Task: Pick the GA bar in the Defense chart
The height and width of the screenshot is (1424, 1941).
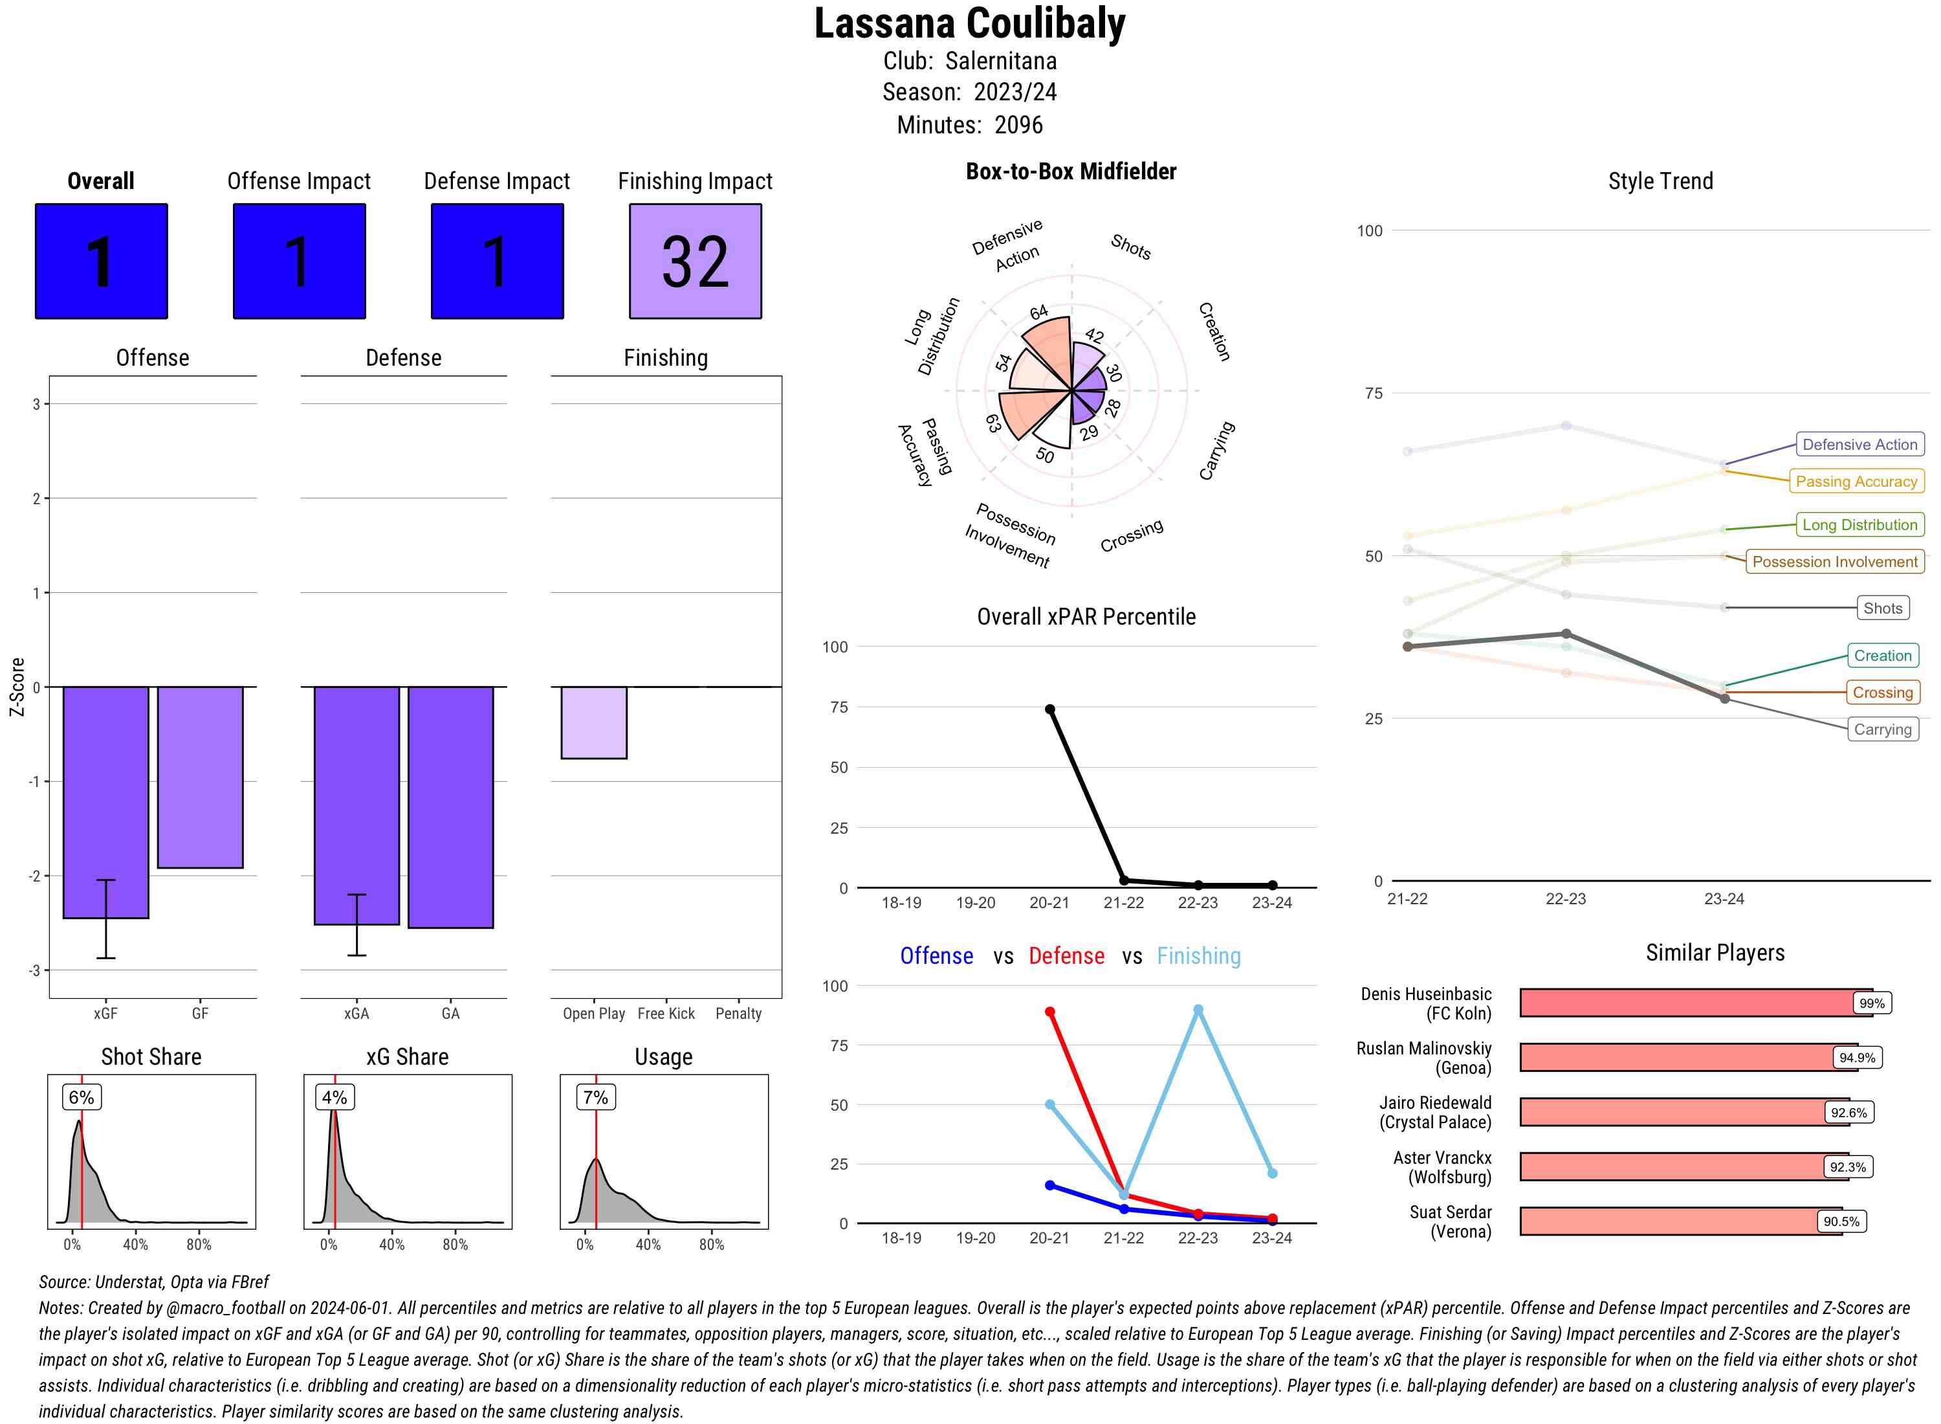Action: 450,807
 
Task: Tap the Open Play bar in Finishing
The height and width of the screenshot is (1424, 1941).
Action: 593,722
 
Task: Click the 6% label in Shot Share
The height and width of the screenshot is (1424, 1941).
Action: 81,1097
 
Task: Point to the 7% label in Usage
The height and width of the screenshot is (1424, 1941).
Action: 595,1097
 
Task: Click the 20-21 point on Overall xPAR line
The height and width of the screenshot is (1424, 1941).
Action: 1049,709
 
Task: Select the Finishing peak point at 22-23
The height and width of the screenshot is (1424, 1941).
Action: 1198,1009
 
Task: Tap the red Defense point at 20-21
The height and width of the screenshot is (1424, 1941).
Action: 1049,1012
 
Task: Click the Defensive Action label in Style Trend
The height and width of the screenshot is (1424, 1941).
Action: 1859,445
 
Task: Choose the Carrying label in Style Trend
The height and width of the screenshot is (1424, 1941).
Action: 1881,729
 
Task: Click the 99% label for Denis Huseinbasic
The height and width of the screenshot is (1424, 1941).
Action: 1871,1003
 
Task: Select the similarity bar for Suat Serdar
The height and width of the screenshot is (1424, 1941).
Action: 1680,1221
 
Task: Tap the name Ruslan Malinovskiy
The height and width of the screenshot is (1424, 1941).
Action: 1423,1048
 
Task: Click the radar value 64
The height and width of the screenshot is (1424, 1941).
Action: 1039,312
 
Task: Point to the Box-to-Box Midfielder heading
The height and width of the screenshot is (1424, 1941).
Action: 1070,172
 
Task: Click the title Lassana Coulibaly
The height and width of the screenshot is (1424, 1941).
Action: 969,24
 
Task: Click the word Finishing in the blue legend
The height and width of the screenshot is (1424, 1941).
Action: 1198,956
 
